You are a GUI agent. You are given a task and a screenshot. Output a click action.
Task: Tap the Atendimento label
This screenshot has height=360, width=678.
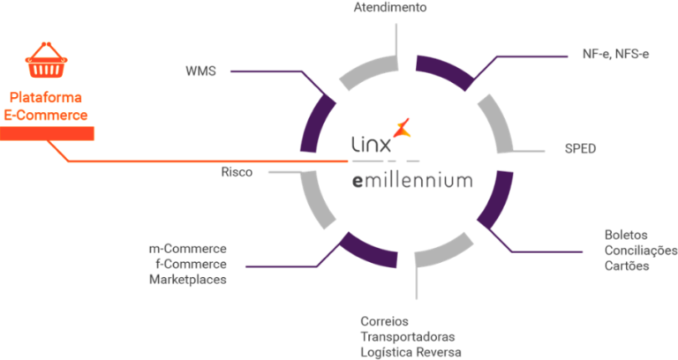pos(390,7)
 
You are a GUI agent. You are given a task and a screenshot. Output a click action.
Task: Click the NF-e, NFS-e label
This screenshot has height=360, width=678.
pos(615,55)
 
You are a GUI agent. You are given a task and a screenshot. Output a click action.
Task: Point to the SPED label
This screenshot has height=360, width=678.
pos(581,148)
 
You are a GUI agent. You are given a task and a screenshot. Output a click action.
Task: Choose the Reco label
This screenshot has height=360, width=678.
pos(237,172)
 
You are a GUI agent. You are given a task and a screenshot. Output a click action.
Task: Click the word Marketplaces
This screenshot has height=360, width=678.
pos(187,280)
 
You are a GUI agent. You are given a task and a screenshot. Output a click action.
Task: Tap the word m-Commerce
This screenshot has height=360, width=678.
pos(188,249)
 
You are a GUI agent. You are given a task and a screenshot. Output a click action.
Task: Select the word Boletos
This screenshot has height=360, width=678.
pos(627,236)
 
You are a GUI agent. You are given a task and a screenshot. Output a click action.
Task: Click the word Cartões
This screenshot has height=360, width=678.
pos(627,266)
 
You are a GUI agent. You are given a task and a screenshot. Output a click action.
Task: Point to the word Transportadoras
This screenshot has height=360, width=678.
pos(407,336)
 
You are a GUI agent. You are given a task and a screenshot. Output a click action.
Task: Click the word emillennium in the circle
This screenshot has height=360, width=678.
pos(412,181)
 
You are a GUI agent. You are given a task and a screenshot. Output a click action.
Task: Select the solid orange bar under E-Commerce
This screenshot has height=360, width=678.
pos(48,133)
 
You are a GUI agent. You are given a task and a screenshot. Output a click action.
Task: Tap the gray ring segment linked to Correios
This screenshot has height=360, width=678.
pos(445,255)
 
